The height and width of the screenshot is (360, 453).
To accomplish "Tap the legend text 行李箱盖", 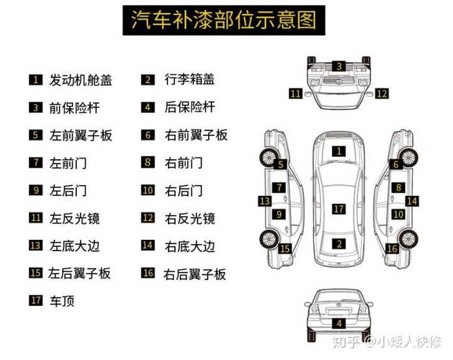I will [189, 79].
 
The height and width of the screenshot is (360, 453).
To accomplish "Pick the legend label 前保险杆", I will [73, 107].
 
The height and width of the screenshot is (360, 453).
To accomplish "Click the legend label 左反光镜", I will [73, 217].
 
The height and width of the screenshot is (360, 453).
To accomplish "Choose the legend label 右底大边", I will [189, 246].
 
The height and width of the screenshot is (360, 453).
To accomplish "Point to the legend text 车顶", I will [61, 301].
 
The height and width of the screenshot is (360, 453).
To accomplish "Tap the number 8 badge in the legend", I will [148, 162].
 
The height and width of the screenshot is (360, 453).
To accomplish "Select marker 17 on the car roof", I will [338, 209].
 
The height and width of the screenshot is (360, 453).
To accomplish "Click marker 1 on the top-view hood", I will [338, 151].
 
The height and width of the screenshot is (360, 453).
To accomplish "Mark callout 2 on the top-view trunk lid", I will [338, 244].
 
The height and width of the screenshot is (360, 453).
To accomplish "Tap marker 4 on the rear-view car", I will [338, 323].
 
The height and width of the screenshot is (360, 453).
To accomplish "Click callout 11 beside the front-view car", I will [295, 93].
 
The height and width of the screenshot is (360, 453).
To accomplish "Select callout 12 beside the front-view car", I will [382, 93].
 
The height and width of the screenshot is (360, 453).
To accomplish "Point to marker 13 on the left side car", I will [265, 201].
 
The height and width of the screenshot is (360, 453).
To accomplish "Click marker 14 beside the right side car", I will [411, 201].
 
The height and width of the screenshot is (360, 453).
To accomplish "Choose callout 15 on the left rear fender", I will [285, 248].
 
